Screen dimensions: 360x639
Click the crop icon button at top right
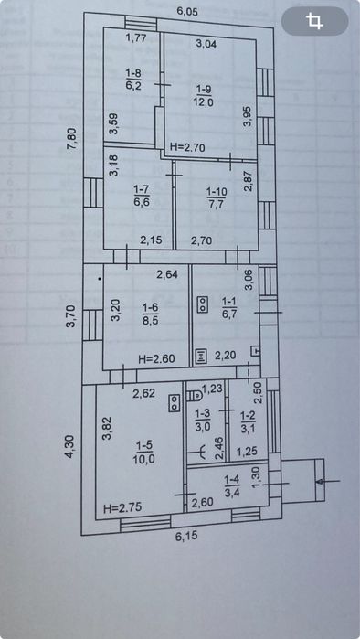click(x=315, y=21)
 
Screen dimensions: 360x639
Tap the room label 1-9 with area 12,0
click(x=205, y=95)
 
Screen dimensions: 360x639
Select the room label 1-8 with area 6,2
click(x=133, y=80)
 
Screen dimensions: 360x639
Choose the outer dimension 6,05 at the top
click(x=187, y=12)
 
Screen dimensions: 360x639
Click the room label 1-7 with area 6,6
click(x=143, y=196)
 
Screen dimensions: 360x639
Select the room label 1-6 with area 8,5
click(x=151, y=315)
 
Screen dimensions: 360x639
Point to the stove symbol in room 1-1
click(x=203, y=304)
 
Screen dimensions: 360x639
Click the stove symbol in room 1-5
click(x=175, y=402)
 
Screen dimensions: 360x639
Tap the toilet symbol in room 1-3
click(x=196, y=395)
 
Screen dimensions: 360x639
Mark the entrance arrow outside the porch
click(x=328, y=482)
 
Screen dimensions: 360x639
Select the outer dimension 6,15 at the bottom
click(x=186, y=536)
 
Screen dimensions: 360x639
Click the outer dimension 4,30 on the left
click(x=70, y=447)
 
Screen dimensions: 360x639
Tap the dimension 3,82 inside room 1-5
click(x=108, y=431)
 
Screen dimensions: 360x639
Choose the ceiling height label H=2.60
click(x=157, y=359)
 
